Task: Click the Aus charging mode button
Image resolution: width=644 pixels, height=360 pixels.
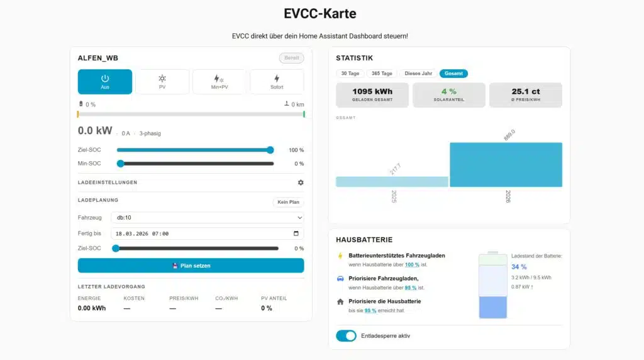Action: click(x=105, y=82)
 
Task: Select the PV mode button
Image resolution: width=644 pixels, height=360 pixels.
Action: click(x=162, y=82)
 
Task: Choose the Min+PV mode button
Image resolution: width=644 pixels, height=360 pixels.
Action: click(x=219, y=82)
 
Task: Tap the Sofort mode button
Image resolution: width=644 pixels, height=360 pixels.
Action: click(x=277, y=82)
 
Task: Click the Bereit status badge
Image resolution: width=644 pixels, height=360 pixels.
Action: click(x=291, y=58)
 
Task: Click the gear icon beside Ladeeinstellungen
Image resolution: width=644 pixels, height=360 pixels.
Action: click(x=301, y=183)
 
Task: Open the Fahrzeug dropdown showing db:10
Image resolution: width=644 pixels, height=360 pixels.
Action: click(x=207, y=218)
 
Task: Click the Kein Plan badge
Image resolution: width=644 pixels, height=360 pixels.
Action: click(x=289, y=203)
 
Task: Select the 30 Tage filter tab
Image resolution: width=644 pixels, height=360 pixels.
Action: click(x=349, y=74)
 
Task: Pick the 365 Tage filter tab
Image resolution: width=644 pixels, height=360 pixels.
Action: click(x=382, y=74)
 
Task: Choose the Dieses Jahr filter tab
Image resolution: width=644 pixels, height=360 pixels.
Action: click(x=418, y=74)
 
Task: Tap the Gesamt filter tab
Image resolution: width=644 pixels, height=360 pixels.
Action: click(x=453, y=74)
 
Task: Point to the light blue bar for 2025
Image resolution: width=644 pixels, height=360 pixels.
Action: click(x=392, y=181)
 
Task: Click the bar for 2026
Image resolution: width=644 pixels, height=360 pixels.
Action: click(x=506, y=164)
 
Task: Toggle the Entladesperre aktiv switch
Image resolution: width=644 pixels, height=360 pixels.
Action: click(x=346, y=336)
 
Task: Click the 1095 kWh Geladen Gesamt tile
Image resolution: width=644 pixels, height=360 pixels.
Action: click(x=372, y=95)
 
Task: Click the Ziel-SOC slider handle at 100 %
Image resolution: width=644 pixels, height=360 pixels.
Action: click(x=270, y=150)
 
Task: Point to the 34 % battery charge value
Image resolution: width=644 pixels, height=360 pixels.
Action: click(x=519, y=267)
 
